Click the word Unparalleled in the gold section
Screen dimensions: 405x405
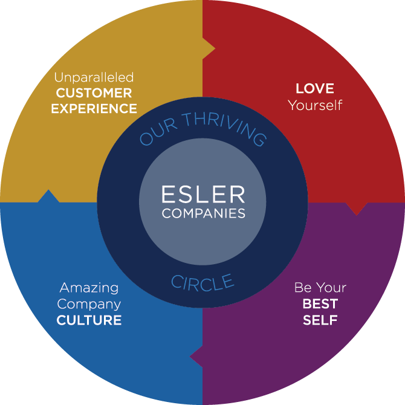tap(94, 77)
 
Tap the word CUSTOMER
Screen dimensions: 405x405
tap(94, 93)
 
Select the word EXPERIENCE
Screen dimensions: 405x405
tap(94, 109)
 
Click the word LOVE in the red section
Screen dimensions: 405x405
tap(314, 88)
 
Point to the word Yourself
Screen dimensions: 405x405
tap(314, 105)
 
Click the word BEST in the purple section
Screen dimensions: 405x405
tap(320, 303)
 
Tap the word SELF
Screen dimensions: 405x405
tap(320, 319)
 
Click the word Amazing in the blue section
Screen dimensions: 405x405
tap(89, 288)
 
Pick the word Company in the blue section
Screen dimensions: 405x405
tap(89, 304)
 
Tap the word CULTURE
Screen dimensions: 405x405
tap(89, 320)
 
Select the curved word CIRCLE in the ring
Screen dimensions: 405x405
tap(202, 282)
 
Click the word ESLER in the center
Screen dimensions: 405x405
tap(202, 195)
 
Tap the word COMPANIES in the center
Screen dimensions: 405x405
tap(202, 213)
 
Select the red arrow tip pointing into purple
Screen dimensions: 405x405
tap(358, 209)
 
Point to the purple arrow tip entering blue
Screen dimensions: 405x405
tap(195, 357)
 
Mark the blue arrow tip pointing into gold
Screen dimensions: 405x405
tap(48, 195)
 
